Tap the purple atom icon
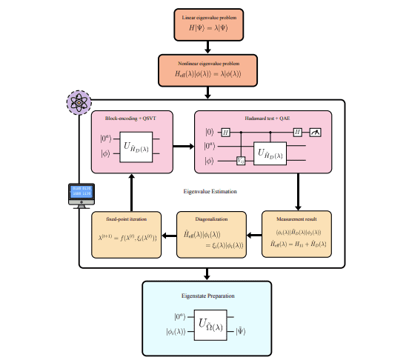coord(78,102)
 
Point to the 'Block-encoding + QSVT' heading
coord(130,118)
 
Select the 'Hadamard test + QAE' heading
coord(264,118)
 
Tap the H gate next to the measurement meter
coord(297,132)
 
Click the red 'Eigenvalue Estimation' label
coord(210,192)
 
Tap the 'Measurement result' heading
coord(297,219)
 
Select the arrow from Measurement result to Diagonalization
coord(254,236)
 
